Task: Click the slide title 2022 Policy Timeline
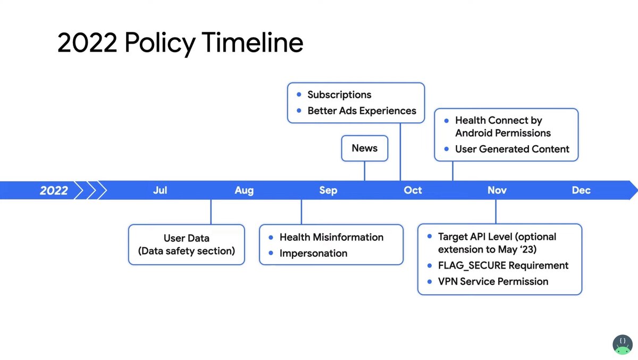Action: point(180,43)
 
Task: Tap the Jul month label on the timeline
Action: point(160,190)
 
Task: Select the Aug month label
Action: point(244,190)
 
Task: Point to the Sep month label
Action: point(328,190)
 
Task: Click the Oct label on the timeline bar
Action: point(413,190)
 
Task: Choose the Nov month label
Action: point(497,190)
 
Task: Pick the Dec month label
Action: point(581,190)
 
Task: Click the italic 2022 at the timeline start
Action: point(54,190)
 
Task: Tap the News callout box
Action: point(364,148)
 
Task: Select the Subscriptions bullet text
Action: point(339,95)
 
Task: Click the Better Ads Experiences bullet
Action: point(362,111)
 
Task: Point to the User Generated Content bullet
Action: point(511,149)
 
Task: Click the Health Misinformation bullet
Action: point(331,237)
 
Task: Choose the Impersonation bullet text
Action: point(313,253)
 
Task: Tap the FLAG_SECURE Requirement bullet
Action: point(503,265)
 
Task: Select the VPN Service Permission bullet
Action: point(493,281)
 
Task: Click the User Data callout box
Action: point(186,245)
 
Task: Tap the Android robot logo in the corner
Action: point(622,345)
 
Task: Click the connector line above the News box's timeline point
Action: point(365,171)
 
